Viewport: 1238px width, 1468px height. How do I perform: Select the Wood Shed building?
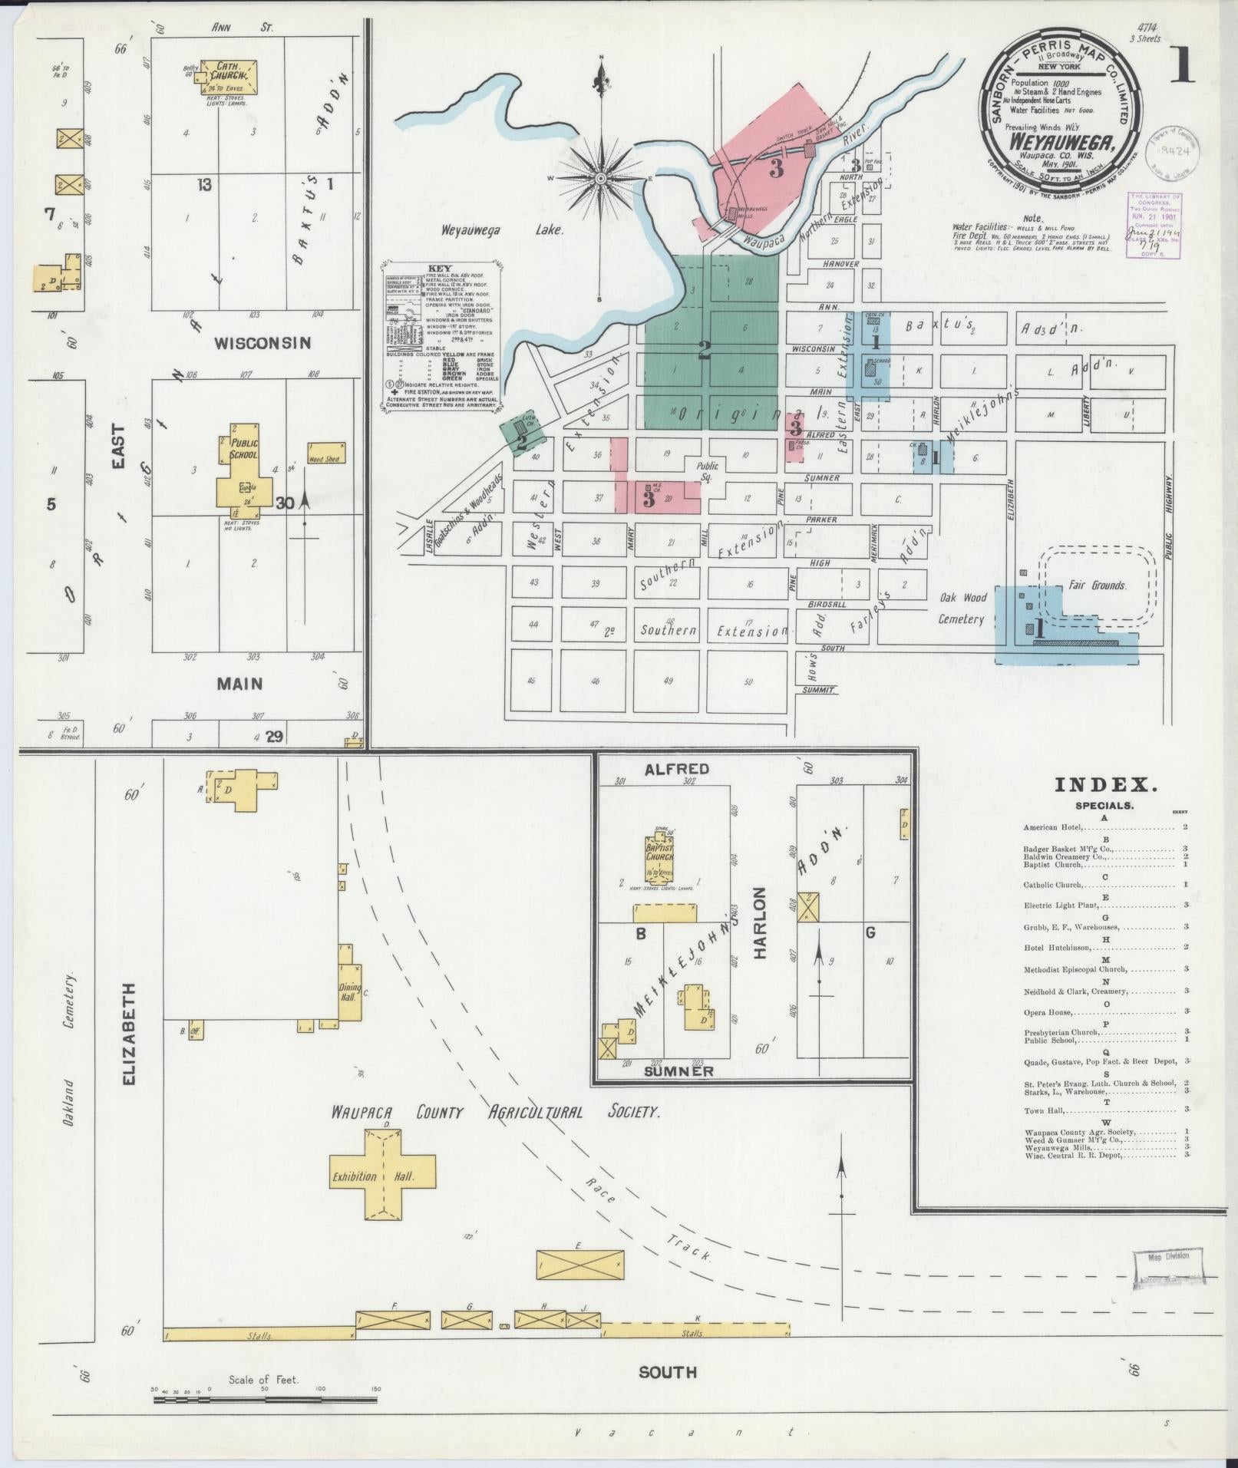[325, 453]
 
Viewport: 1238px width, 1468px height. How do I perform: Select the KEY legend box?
[443, 338]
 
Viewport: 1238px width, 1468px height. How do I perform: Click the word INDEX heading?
[1105, 784]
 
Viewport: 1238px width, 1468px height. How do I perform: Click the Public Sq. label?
[707, 470]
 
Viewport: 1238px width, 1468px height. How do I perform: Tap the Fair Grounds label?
[1097, 586]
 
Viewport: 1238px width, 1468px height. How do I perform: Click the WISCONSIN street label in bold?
[262, 342]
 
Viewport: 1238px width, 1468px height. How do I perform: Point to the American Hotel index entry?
[1051, 827]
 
